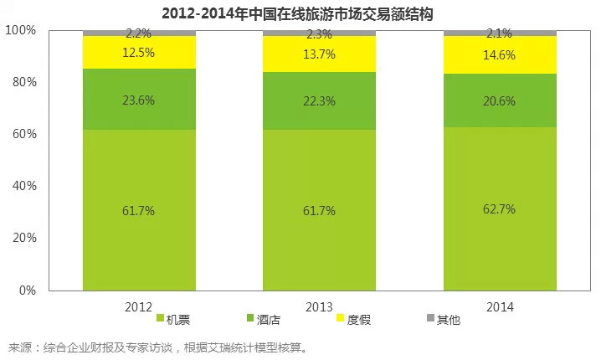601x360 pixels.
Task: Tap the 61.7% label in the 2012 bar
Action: point(139,211)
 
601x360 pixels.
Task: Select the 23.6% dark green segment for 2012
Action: point(139,100)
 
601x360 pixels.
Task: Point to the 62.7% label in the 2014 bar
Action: point(500,210)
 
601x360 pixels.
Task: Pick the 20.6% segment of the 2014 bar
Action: point(500,100)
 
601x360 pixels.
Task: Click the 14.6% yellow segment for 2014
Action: point(500,54)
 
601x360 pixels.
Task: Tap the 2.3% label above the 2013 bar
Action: point(319,34)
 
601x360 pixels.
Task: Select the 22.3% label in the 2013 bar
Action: point(319,100)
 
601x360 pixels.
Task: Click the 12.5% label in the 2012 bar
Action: point(139,53)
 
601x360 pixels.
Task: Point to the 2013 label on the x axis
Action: point(319,306)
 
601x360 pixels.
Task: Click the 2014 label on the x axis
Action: point(500,306)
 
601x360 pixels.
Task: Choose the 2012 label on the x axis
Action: point(139,306)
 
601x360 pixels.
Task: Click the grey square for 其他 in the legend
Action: point(431,318)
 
